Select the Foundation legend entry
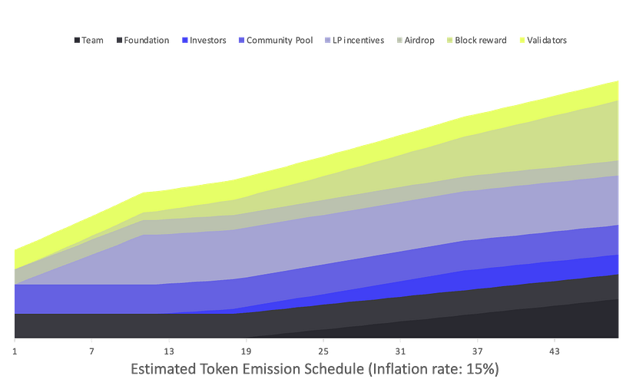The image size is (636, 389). coord(144,40)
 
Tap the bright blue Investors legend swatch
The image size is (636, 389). coord(184,40)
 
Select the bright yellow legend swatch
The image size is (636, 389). coord(522,40)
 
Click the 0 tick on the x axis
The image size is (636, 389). coord(15,351)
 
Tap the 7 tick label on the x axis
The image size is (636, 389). coord(91,351)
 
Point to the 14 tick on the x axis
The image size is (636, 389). coord(169,351)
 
